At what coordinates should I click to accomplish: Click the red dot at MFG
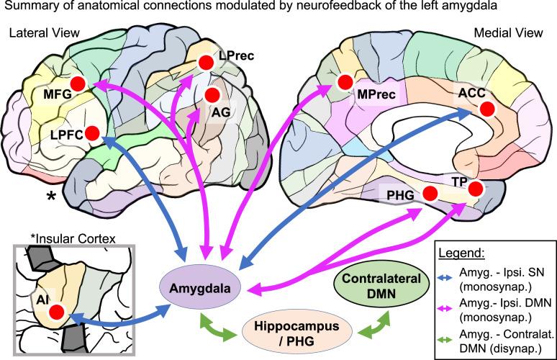click(79, 84)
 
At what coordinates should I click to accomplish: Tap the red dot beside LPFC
click(91, 133)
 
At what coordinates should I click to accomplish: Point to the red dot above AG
click(212, 94)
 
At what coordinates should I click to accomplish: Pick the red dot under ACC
click(486, 109)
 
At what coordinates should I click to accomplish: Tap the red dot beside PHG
click(430, 193)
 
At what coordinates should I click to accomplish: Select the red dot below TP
click(475, 189)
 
